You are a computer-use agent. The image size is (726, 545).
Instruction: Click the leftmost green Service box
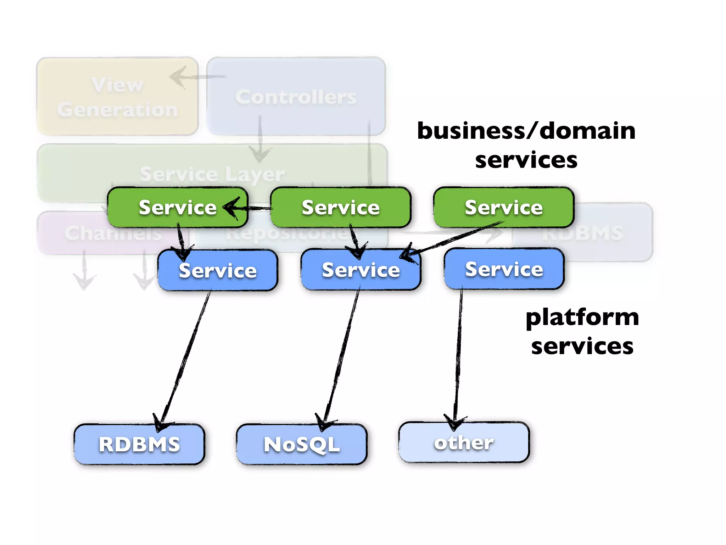[x=177, y=207]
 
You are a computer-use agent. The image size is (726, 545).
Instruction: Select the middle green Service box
[x=340, y=207]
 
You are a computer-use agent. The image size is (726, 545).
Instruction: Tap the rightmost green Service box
[x=503, y=207]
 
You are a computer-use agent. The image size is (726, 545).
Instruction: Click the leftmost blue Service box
[x=218, y=270]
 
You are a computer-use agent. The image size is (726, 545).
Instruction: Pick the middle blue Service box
[x=361, y=270]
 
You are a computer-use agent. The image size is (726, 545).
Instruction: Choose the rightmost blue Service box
[x=504, y=269]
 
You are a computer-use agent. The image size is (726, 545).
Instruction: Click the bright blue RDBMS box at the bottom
[x=139, y=444]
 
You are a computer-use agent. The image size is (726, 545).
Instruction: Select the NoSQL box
[x=302, y=444]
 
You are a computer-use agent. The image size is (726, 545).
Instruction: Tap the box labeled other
[x=464, y=442]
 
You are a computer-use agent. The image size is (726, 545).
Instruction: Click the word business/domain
[x=526, y=131]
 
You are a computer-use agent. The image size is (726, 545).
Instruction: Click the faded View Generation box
[x=117, y=97]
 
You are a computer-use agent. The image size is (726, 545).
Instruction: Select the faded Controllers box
[x=296, y=97]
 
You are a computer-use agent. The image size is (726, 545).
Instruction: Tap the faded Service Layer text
[x=212, y=174]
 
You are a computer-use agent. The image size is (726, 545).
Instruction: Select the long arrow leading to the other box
[x=458, y=355]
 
